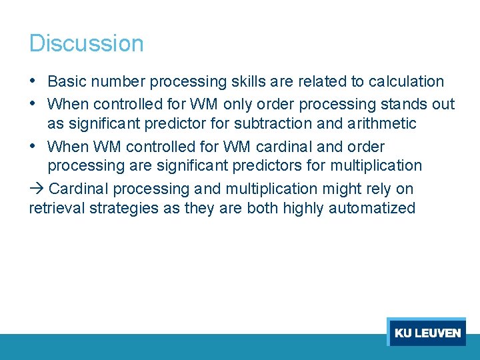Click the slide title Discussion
[86, 43]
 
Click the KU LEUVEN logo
[427, 332]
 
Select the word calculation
[406, 82]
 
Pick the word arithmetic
[383, 124]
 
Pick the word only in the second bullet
[238, 105]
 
